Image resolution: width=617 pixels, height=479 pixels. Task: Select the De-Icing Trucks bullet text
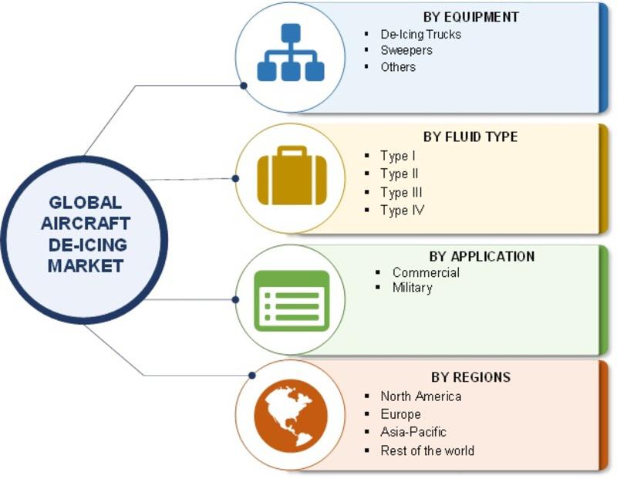tap(420, 35)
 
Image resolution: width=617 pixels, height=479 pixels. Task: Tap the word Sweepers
tap(406, 51)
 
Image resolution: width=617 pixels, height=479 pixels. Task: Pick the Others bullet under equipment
tap(398, 67)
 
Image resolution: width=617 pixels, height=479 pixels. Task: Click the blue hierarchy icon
tap(290, 52)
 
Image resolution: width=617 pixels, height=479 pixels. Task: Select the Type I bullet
tap(397, 156)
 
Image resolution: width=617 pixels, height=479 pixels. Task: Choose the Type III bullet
tap(401, 192)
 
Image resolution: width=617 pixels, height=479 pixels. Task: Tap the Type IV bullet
tap(402, 210)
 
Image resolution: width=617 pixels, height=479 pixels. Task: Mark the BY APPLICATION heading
tap(482, 256)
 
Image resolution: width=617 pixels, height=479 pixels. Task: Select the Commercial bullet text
tap(426, 272)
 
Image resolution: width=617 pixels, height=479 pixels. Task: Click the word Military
tap(412, 288)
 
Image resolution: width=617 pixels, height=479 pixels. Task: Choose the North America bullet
tap(420, 396)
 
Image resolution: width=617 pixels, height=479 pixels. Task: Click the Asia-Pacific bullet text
tap(413, 432)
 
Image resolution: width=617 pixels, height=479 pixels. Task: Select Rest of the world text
tap(427, 450)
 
